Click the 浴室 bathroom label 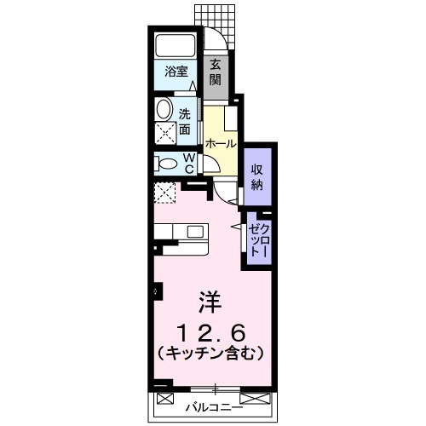click(x=176, y=72)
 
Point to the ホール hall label click(x=220, y=145)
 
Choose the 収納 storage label click(x=256, y=176)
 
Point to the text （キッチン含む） click(x=209, y=352)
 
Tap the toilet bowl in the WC click(x=167, y=163)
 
